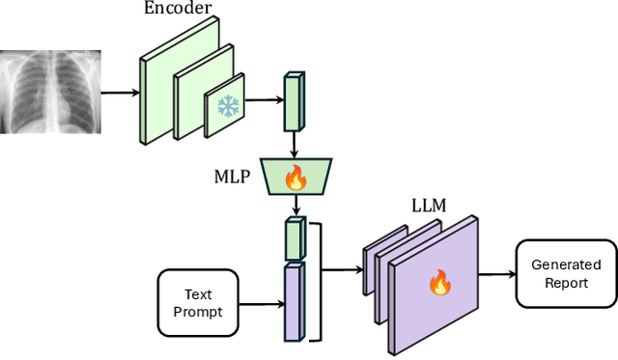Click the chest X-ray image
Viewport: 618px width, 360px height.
(x=49, y=93)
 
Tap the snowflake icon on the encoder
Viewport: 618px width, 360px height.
(x=228, y=106)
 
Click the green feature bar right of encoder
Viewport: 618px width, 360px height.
(x=293, y=101)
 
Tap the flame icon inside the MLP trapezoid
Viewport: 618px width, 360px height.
(x=295, y=178)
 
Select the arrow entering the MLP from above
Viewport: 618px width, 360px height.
(x=294, y=146)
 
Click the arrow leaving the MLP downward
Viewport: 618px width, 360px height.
(x=294, y=206)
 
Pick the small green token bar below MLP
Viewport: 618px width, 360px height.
(x=295, y=236)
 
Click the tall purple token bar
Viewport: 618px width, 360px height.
(x=294, y=302)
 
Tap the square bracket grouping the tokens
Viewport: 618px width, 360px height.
(x=315, y=279)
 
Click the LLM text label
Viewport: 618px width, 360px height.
(x=431, y=207)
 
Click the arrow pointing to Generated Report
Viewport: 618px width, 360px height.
(x=498, y=274)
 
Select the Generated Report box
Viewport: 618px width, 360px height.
(x=565, y=273)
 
